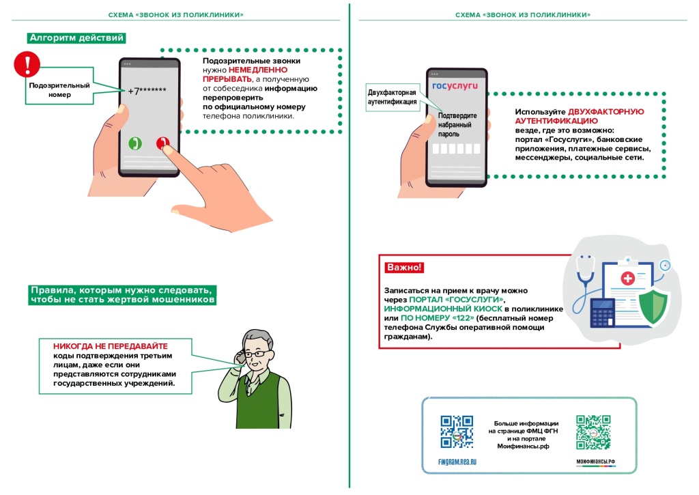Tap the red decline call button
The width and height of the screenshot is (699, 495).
(x=162, y=143)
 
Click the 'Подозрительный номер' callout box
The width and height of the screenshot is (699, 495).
(x=59, y=90)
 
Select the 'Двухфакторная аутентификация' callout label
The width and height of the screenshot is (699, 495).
(x=392, y=97)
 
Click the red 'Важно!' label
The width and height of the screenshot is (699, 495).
(x=404, y=267)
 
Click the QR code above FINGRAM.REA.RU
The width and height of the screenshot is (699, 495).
(x=457, y=432)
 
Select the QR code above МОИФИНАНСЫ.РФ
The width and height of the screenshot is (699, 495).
(x=593, y=432)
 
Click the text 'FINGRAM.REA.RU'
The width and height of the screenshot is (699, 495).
(x=457, y=462)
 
